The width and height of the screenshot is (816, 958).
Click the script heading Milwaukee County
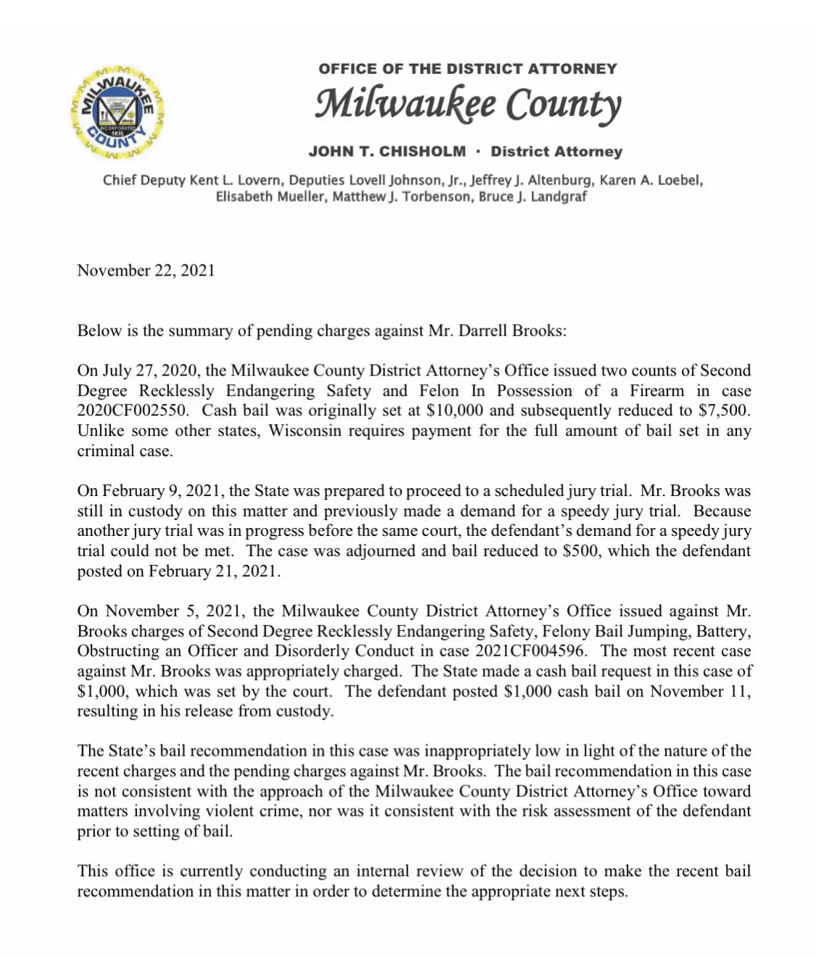(468, 104)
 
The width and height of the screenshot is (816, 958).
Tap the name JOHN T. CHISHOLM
(387, 152)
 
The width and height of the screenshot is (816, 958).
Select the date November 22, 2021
(146, 271)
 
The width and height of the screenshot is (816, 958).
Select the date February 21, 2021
(213, 571)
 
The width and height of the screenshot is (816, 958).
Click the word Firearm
(657, 391)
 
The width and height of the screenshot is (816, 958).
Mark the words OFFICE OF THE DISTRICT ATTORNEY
(468, 69)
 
